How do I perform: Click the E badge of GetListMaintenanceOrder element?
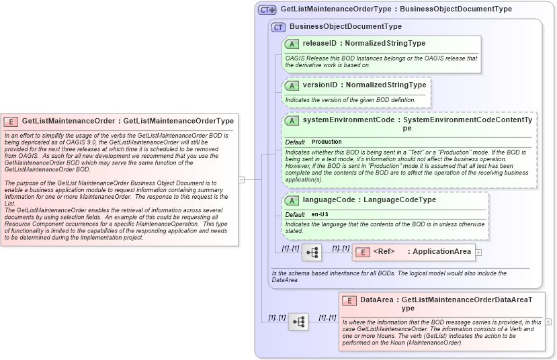[11, 122]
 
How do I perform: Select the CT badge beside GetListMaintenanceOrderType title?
[267, 10]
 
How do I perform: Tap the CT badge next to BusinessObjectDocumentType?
[278, 27]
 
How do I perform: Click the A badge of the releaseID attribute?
[292, 44]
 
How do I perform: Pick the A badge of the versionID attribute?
[292, 85]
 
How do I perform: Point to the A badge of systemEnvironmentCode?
[292, 120]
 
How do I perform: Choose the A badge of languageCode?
[292, 200]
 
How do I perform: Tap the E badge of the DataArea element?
[349, 300]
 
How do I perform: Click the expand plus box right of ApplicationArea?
[478, 253]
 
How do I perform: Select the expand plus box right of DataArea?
[548, 322]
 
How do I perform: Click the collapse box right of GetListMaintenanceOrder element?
[242, 179]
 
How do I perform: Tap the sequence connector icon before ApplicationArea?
[312, 252]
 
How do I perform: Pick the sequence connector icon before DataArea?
[298, 322]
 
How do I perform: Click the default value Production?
[327, 142]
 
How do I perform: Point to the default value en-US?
[320, 214]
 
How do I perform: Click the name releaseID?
[319, 44]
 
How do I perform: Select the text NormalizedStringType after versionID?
[386, 85]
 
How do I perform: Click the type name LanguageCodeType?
[400, 200]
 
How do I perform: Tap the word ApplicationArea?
[441, 252]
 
